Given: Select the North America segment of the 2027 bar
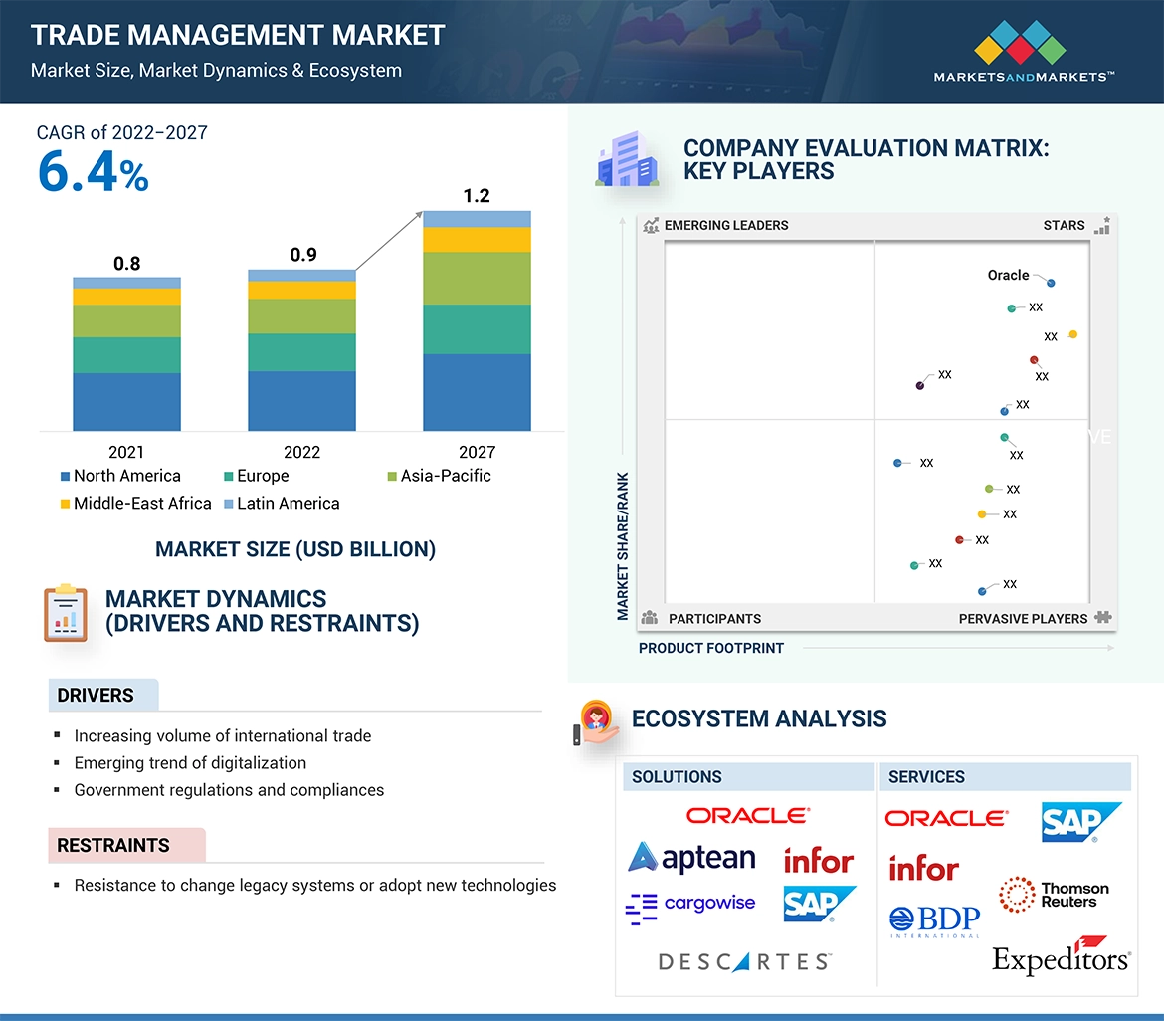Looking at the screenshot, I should (x=477, y=392).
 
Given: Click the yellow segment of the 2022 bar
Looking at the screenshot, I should (x=301, y=290).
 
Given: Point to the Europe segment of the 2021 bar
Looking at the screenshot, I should (x=126, y=355).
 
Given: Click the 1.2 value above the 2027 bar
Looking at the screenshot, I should (x=477, y=196).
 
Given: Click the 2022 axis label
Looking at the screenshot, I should (x=301, y=452).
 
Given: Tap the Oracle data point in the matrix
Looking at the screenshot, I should (x=1051, y=283).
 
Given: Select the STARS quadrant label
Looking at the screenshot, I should (x=1064, y=225).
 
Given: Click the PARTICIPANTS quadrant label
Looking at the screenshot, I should (x=713, y=619).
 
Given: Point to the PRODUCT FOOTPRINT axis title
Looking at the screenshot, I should (x=710, y=648).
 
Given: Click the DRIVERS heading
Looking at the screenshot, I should (x=96, y=696).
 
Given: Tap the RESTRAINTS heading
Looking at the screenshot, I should (x=113, y=846).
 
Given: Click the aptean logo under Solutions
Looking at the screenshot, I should (x=692, y=858).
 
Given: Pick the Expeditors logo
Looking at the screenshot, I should (x=1061, y=957).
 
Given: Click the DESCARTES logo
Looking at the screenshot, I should (x=744, y=962).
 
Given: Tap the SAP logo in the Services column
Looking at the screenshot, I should (x=1080, y=822).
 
